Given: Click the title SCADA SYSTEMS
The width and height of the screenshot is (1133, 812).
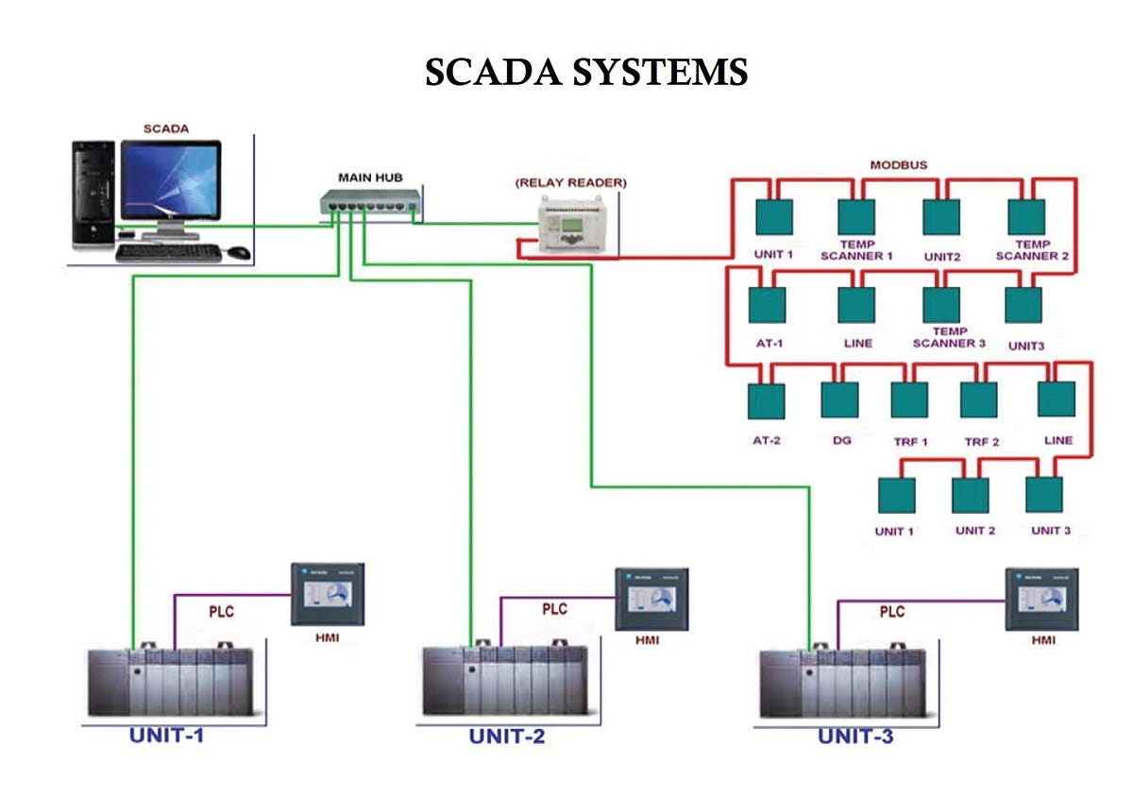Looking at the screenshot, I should tap(585, 72).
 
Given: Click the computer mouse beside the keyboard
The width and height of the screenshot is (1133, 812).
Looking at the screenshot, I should tap(238, 252).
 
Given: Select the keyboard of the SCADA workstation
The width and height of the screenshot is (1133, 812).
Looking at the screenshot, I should tap(168, 252).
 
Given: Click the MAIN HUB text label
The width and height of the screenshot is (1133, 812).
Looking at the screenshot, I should tap(369, 177).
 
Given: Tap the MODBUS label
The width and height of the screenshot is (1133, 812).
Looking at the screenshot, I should tap(898, 164).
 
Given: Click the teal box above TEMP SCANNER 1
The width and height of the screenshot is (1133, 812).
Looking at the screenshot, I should tap(856, 216).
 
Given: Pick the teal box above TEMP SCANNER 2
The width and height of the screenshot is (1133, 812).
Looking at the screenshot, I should tap(1027, 216).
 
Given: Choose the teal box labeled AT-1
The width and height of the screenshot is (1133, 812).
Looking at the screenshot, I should tap(767, 304).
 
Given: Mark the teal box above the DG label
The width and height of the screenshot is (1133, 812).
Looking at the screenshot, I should tap(839, 399).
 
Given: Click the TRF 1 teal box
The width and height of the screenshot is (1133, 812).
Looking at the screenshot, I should tap(910, 399).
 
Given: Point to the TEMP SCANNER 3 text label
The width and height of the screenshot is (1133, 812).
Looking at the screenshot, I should tap(949, 337).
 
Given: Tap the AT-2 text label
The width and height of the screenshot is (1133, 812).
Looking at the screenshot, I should tap(767, 440).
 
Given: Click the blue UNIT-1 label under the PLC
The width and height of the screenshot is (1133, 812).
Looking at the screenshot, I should tap(166, 734).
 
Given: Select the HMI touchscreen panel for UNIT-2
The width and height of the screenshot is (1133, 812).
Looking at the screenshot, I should tap(647, 598).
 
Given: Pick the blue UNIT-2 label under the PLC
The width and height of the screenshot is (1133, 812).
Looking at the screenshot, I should tap(507, 736).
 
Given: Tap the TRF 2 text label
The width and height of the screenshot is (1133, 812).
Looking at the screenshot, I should tap(982, 441).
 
